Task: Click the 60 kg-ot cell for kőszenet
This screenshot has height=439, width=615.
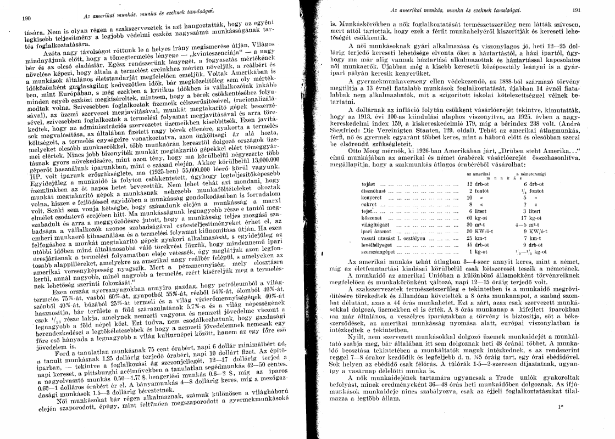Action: click(x=474, y=232)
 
